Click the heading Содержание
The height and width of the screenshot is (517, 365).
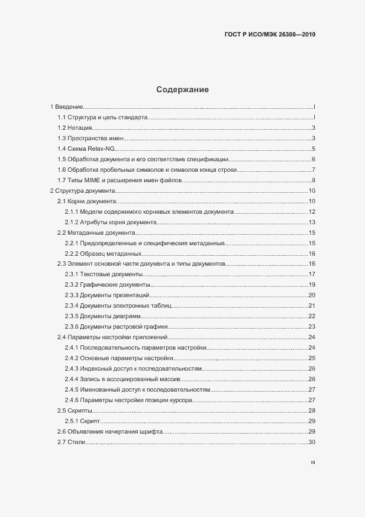coord(182,89)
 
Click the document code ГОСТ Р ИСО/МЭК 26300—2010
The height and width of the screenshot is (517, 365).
coord(270,34)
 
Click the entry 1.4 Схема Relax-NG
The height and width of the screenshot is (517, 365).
coord(86,149)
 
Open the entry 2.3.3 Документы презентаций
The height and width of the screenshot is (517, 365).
coord(107,296)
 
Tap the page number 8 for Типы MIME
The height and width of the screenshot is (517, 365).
coord(313,181)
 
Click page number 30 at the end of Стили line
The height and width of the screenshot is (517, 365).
coord(311,442)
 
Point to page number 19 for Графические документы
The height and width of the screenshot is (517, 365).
coord(311,285)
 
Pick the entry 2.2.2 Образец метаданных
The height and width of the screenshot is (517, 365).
coord(103,254)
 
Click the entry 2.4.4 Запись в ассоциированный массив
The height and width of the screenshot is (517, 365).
coord(122,379)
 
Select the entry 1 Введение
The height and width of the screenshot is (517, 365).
coord(67,107)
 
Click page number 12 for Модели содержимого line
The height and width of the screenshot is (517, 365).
coord(311,212)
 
